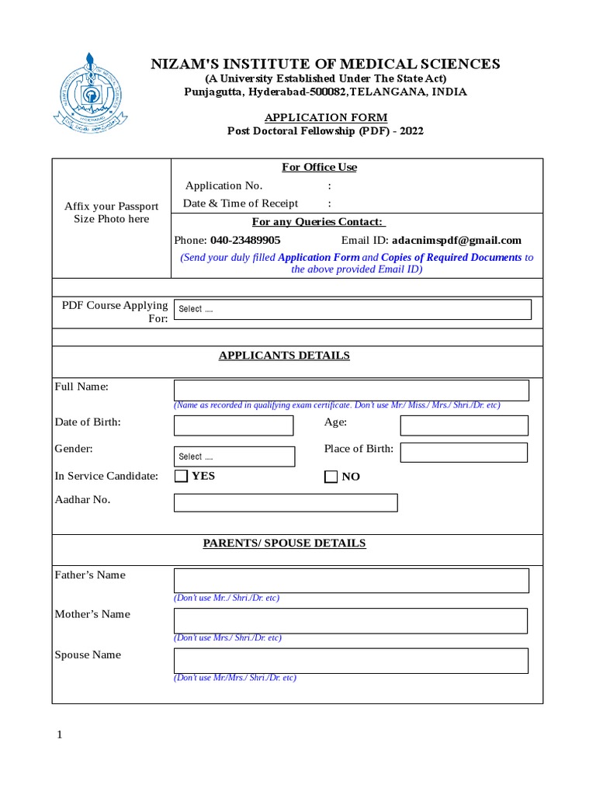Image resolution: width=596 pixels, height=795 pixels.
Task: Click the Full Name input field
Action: (x=352, y=390)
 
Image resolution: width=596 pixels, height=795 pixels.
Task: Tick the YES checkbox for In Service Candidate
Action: (x=181, y=476)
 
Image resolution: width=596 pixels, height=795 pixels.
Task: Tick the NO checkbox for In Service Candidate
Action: (x=331, y=477)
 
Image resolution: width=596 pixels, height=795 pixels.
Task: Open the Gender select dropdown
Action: (x=234, y=457)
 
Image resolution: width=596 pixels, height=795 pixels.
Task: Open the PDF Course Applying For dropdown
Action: (x=353, y=309)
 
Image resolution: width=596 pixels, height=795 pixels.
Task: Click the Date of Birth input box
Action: (x=234, y=425)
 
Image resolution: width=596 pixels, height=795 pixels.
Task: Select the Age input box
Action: (x=463, y=425)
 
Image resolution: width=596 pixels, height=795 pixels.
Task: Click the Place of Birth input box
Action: (x=463, y=453)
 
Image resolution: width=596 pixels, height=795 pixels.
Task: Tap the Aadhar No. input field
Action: (x=286, y=503)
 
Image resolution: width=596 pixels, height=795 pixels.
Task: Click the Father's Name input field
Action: (x=352, y=580)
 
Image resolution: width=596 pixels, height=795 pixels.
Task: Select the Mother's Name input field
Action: (x=352, y=620)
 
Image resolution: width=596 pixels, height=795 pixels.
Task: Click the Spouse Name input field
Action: (x=352, y=661)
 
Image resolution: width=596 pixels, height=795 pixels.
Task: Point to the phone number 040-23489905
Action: (x=245, y=241)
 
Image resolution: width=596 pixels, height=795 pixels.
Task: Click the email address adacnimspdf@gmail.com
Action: (x=456, y=241)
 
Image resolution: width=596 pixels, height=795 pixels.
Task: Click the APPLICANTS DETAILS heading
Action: (x=284, y=356)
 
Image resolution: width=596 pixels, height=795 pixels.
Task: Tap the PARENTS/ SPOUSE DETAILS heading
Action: (x=284, y=543)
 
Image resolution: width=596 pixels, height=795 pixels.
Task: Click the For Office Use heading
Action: (x=319, y=168)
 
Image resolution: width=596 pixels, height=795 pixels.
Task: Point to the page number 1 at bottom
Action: (x=58, y=735)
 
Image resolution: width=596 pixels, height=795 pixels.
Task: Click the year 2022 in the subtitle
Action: (x=411, y=131)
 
